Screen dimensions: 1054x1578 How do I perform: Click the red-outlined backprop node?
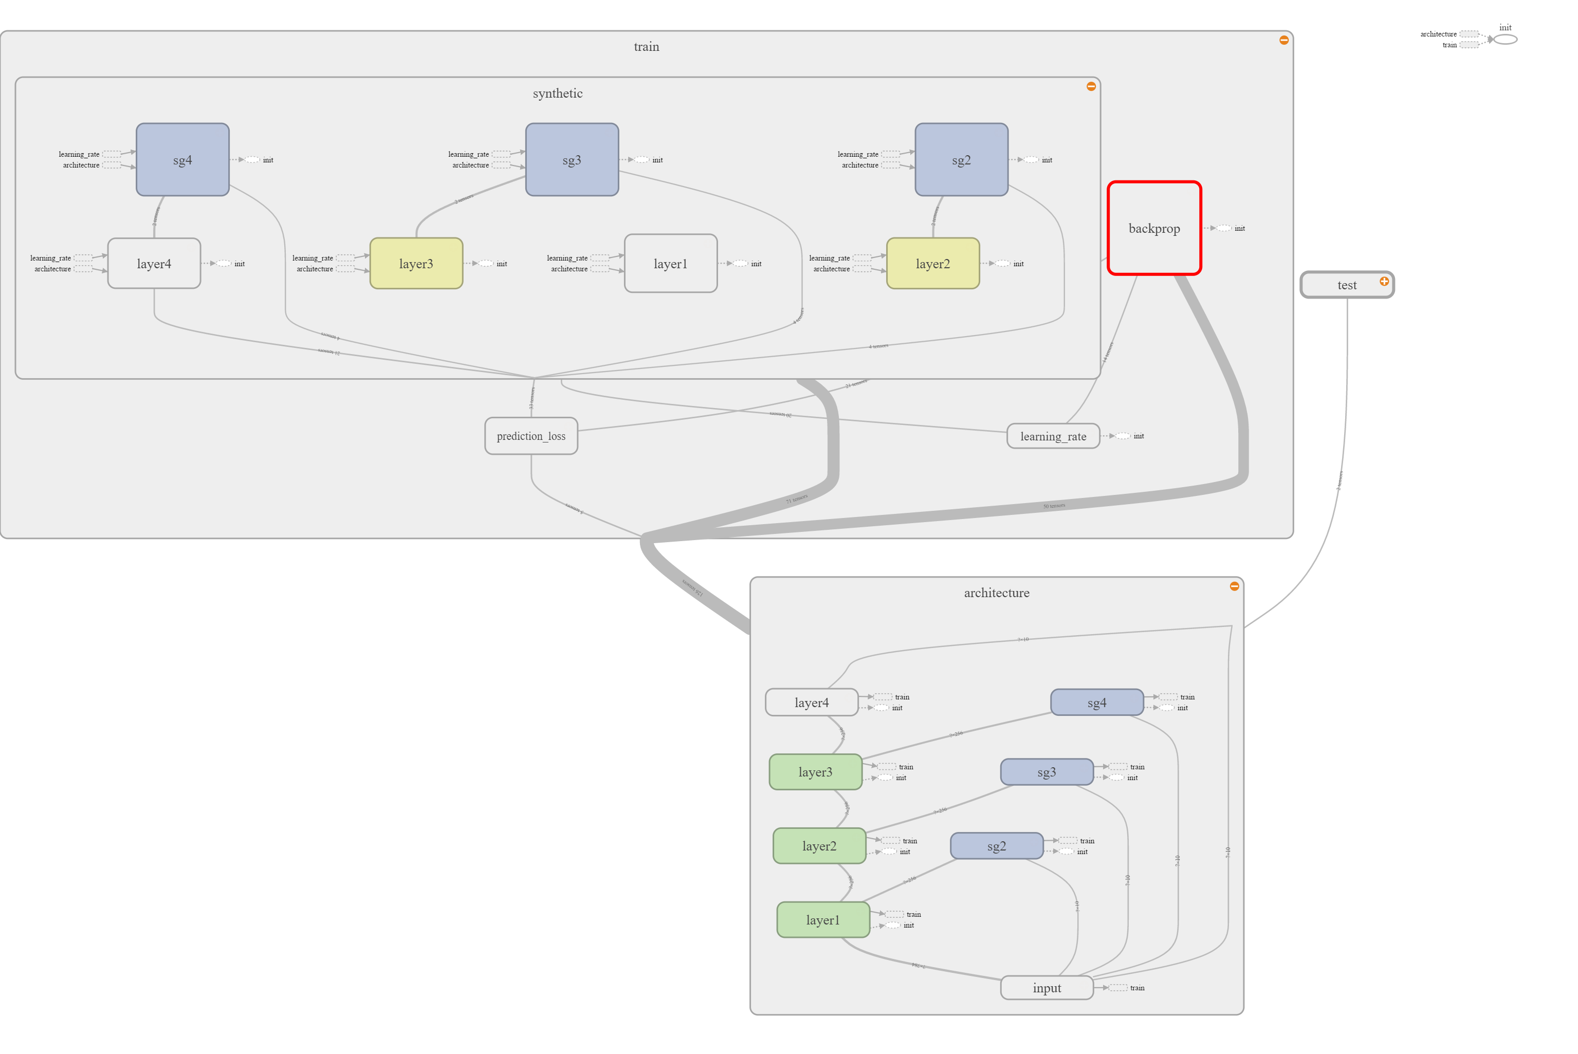tap(1154, 229)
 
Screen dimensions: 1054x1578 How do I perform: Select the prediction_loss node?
tap(531, 436)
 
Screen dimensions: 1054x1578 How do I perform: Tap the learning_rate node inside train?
tap(1053, 436)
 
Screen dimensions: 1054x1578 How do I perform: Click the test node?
tap(1346, 285)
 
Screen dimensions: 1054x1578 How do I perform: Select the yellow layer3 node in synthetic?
tap(416, 264)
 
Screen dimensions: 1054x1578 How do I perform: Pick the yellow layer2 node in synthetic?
tap(932, 264)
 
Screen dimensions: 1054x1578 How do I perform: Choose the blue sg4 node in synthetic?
tap(182, 160)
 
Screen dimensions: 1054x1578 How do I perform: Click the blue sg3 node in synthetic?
tap(572, 160)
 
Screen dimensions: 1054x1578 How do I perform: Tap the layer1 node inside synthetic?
tap(670, 264)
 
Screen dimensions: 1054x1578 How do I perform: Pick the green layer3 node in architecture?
tap(815, 772)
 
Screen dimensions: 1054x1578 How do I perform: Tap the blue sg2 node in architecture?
tap(997, 846)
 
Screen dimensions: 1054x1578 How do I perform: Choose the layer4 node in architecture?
tap(812, 702)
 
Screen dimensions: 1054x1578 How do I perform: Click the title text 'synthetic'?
tap(557, 94)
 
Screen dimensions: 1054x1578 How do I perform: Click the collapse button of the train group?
tap(1283, 40)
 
